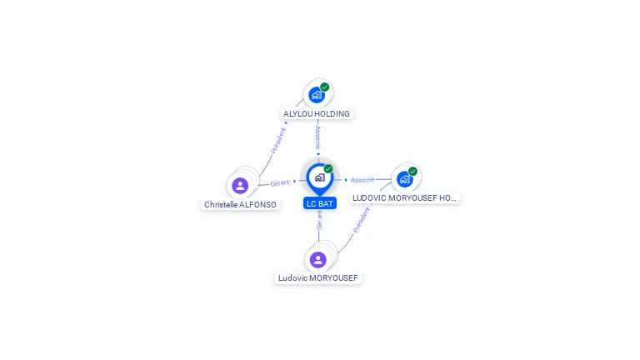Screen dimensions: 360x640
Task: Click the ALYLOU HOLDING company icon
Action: pos(317,94)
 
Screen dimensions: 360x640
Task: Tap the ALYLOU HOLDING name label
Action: pos(317,113)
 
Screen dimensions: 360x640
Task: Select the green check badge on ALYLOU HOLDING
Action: pos(325,87)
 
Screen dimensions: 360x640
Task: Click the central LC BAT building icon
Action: pos(319,177)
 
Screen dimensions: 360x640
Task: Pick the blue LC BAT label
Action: pos(320,203)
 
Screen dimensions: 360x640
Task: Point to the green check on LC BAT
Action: pos(328,169)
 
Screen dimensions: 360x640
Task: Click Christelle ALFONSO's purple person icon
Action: pos(240,185)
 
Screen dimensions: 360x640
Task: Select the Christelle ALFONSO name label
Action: pos(241,204)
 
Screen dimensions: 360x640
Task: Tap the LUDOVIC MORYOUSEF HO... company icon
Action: pos(404,178)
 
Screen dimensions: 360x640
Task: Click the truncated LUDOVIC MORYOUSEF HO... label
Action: pos(405,197)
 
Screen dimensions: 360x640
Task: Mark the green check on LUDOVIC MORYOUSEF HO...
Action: pos(412,171)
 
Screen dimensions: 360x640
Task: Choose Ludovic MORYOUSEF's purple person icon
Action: pos(318,259)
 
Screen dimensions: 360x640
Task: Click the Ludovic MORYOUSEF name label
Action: pos(318,277)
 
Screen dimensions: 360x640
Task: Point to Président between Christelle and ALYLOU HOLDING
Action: pos(278,140)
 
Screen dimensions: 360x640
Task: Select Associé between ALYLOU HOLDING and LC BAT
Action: pos(317,137)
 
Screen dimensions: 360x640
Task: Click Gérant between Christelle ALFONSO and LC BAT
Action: pos(280,182)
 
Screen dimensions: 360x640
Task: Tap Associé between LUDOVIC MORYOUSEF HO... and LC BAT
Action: pos(362,180)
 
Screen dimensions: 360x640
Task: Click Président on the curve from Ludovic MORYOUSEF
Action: pos(361,218)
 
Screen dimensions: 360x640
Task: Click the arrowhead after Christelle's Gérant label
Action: pos(295,181)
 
